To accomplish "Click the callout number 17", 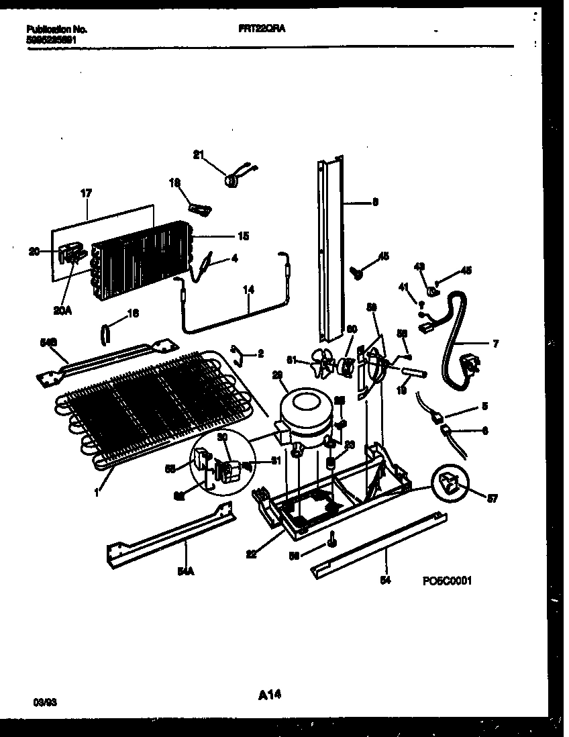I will pyautogui.click(x=87, y=194).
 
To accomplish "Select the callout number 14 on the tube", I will pyautogui.click(x=249, y=291).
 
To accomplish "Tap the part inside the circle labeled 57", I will pyautogui.click(x=448, y=483).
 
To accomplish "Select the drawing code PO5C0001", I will pyautogui.click(x=447, y=581).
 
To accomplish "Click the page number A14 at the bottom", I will pyautogui.click(x=268, y=696).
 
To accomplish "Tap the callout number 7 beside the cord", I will pyautogui.click(x=495, y=344).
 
